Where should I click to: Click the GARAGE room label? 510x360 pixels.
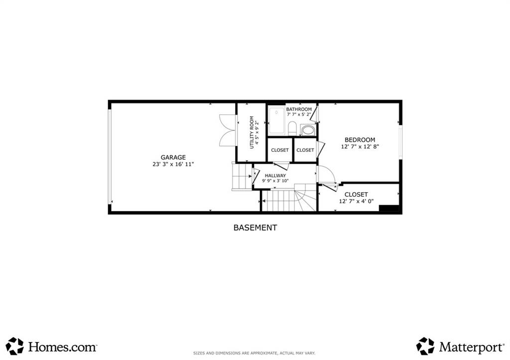point(173,157)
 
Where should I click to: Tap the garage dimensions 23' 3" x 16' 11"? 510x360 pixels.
point(173,164)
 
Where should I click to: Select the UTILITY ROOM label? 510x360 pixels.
point(252,132)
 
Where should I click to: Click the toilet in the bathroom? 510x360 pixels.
point(292,128)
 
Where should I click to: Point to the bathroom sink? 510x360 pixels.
point(308,130)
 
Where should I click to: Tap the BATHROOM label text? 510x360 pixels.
point(299,110)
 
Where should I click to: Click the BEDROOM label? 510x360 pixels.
point(360,140)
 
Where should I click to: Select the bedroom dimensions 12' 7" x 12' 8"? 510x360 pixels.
point(360,147)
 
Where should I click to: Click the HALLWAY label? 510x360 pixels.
point(275,176)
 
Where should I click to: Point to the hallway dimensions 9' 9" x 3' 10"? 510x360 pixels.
point(275,181)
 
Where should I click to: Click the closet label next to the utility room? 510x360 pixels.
point(280,150)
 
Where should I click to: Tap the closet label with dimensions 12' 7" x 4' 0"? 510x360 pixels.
point(356,195)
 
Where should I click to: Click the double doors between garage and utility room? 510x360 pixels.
point(226,130)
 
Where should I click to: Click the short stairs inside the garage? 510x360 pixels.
point(242,177)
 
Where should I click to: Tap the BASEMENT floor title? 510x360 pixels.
point(255,228)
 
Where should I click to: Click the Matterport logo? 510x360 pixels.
point(460,346)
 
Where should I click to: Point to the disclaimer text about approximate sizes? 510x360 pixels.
point(254,353)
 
